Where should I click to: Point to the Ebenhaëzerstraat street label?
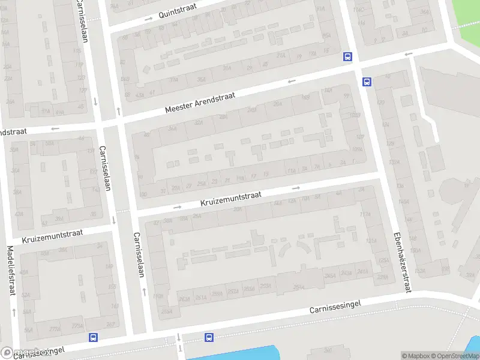pyautogui.click(x=402, y=262)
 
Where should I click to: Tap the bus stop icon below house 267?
pyautogui.click(x=93, y=338)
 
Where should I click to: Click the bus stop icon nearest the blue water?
pyautogui.click(x=209, y=338)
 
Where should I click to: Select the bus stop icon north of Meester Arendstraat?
pyautogui.click(x=347, y=57)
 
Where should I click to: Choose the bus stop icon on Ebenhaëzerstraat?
pyautogui.click(x=367, y=82)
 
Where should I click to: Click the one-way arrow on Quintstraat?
pyautogui.click(x=148, y=19)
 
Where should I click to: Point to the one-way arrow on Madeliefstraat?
pyautogui.click(x=13, y=312)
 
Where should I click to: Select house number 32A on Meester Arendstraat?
pyautogui.click(x=172, y=128)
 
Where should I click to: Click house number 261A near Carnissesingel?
pyautogui.click(x=201, y=296)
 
